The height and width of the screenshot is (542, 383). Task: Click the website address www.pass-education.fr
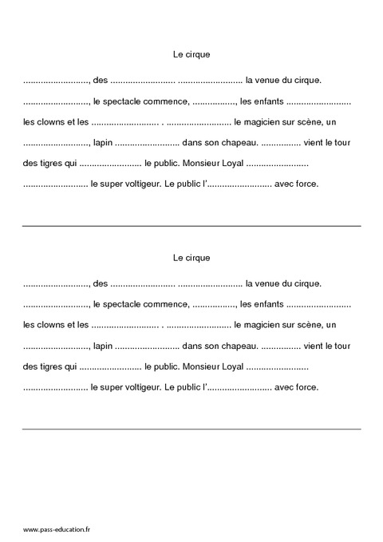pos(57,529)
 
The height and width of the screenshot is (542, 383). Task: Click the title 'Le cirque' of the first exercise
pos(191,54)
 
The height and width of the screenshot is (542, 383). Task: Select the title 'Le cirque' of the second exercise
pos(191,257)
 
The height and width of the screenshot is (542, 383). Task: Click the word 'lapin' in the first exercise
pos(102,143)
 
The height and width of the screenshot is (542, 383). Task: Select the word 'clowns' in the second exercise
pos(51,325)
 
